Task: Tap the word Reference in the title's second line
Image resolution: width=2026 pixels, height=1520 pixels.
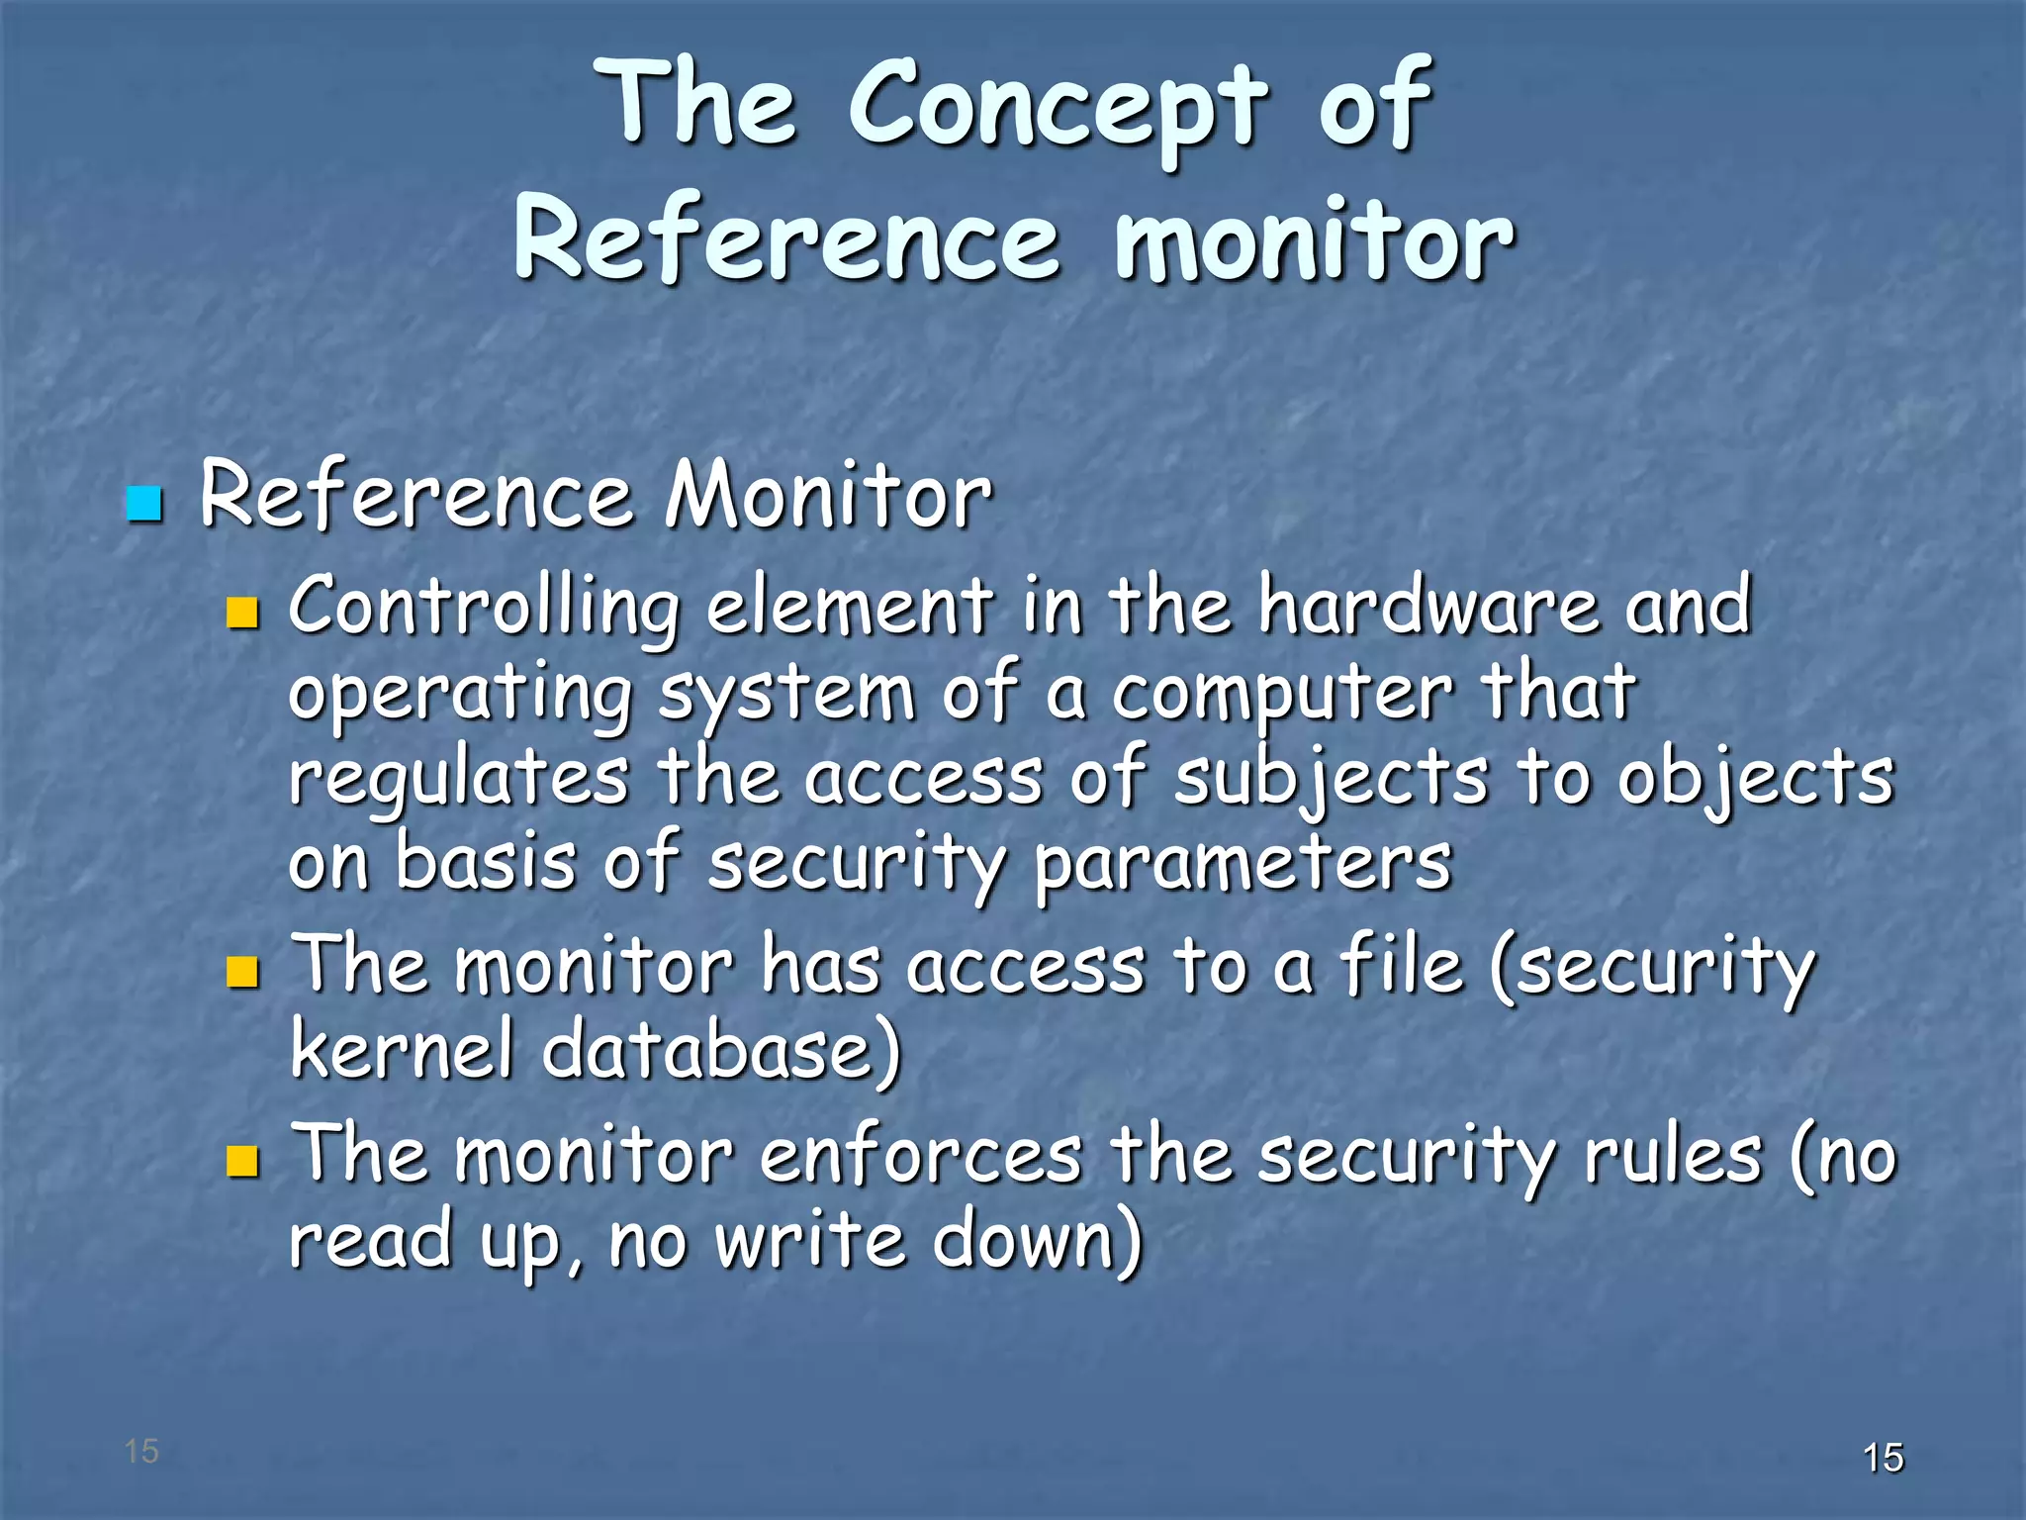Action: point(786,240)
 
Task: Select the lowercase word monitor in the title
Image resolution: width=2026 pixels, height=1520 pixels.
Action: point(1314,240)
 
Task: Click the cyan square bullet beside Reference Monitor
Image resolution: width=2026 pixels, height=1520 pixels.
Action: point(144,504)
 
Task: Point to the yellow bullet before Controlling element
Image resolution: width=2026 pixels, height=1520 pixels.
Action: point(242,613)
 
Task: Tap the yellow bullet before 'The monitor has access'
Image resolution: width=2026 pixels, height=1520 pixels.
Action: point(242,972)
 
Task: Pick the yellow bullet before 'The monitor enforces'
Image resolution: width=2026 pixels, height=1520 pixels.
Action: point(242,1160)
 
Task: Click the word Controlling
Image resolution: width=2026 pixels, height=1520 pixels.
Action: point(485,606)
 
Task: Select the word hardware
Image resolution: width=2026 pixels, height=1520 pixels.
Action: point(1428,606)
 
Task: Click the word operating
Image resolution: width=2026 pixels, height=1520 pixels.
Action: point(460,694)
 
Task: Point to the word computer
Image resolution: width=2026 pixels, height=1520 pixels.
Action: point(1282,694)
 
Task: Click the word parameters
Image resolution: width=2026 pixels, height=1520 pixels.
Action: point(1243,864)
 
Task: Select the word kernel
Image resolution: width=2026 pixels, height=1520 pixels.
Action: point(402,1049)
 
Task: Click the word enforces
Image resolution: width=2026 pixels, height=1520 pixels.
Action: point(921,1155)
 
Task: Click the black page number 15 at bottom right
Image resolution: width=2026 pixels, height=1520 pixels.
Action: point(1883,1458)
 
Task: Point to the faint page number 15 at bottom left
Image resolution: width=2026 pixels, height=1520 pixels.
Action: point(141,1451)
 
